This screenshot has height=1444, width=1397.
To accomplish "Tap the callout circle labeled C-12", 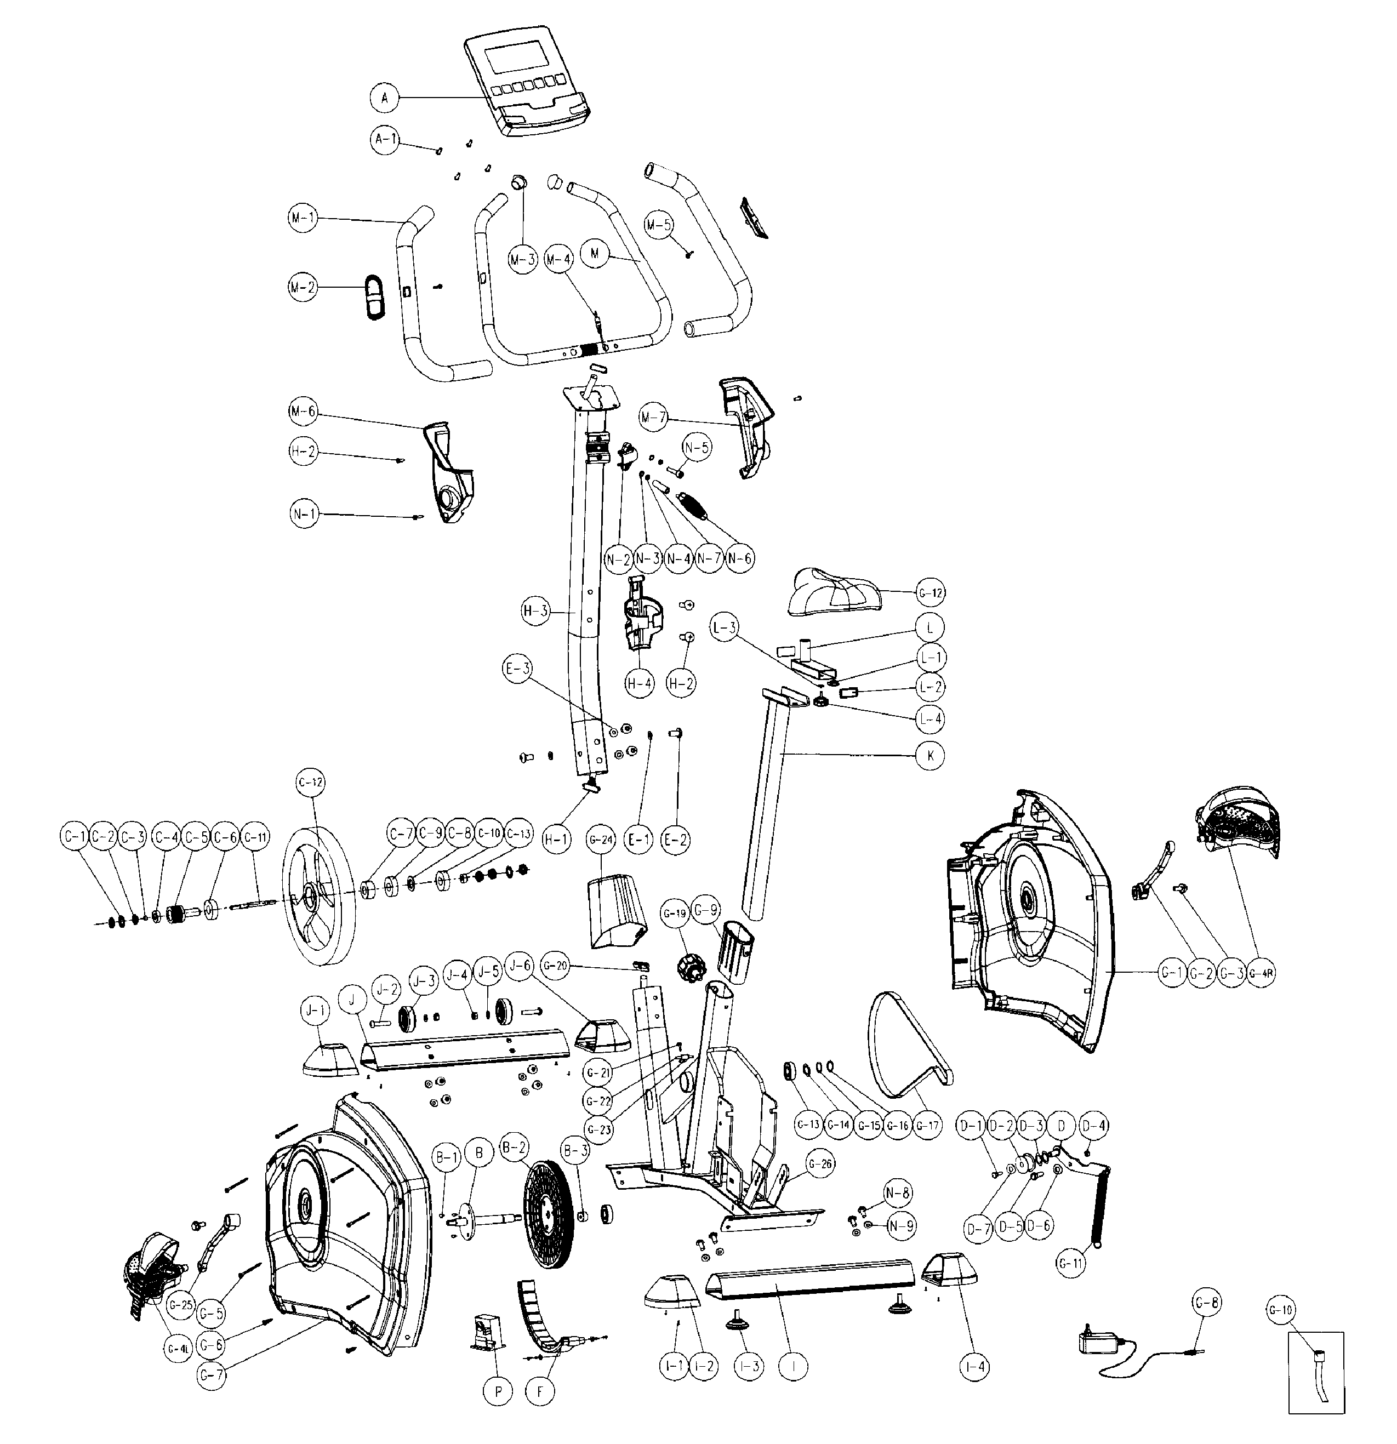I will (310, 784).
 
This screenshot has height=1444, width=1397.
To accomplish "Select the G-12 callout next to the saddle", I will (930, 592).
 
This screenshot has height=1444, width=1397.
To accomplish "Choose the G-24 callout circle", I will (601, 840).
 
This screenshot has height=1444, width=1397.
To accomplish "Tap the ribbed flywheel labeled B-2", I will (548, 1214).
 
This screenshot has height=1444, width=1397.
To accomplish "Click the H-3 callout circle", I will (535, 610).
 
